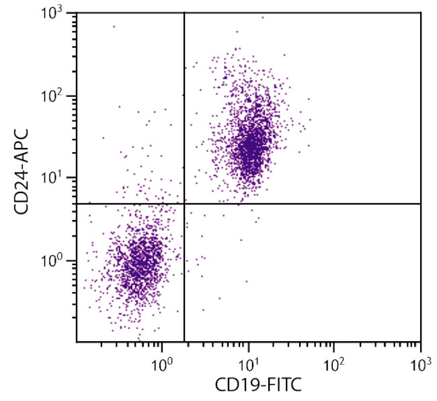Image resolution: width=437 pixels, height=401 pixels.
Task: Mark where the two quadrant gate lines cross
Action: coord(184,204)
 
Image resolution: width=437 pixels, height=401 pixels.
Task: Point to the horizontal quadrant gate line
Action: coord(303,204)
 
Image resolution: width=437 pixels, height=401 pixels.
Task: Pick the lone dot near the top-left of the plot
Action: coord(114,26)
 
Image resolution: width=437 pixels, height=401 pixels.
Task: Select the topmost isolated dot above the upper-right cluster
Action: coord(262,17)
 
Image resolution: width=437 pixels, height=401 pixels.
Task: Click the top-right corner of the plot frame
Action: coord(421,12)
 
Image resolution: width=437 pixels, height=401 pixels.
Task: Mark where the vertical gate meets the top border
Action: coord(184,12)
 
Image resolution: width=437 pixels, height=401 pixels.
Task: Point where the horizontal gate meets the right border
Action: coord(421,204)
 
